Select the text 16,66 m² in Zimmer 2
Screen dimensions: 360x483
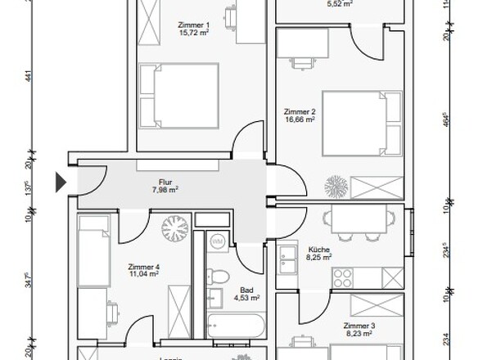[x=300, y=119]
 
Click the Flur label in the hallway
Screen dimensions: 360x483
[x=166, y=183]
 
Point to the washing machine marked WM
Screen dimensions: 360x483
[x=218, y=242]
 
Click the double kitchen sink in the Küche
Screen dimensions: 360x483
[x=288, y=263]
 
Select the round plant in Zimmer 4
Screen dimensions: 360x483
[x=174, y=225]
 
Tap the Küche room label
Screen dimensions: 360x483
[x=318, y=249]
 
